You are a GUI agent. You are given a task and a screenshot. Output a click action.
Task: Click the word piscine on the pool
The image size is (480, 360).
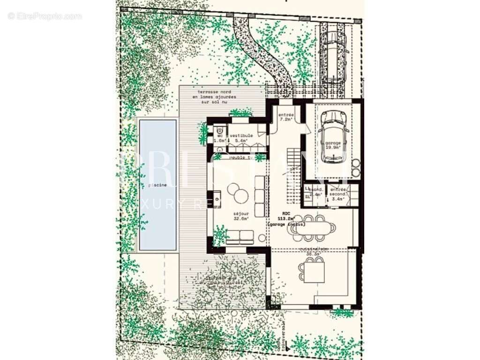point(157,185)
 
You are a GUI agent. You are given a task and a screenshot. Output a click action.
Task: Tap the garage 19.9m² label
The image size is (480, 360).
point(333,145)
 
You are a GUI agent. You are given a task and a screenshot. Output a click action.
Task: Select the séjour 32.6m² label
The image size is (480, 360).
point(241,216)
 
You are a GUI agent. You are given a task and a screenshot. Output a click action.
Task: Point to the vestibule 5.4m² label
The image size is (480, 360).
point(241,138)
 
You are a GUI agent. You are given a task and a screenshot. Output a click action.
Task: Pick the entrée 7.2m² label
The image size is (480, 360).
point(286,117)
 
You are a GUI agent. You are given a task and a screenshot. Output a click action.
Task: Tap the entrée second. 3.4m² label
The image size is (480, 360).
point(337,194)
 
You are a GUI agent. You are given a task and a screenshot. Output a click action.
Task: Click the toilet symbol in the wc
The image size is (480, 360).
point(219,132)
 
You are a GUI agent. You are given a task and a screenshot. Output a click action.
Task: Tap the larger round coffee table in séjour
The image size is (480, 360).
point(234,190)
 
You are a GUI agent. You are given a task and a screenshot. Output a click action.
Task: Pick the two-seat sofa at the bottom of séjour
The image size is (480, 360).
point(240,237)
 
